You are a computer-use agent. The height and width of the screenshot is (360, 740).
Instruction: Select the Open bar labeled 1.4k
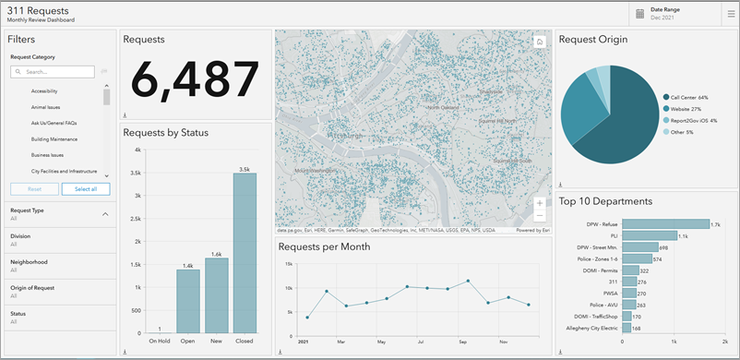pyautogui.click(x=187, y=301)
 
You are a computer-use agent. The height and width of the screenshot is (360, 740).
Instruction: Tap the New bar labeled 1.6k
pyautogui.click(x=216, y=295)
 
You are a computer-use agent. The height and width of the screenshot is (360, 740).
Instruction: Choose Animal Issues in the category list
pyautogui.click(x=45, y=107)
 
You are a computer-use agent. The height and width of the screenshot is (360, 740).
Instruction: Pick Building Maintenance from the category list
pyautogui.click(x=54, y=139)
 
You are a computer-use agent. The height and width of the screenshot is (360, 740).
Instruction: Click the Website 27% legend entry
pyautogui.click(x=683, y=109)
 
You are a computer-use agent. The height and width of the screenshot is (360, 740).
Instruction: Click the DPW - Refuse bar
pyautogui.click(x=665, y=223)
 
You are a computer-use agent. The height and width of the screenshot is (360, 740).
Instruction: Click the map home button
pyautogui.click(x=539, y=42)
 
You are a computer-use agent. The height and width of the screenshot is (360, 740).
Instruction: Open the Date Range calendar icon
pyautogui.click(x=639, y=13)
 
